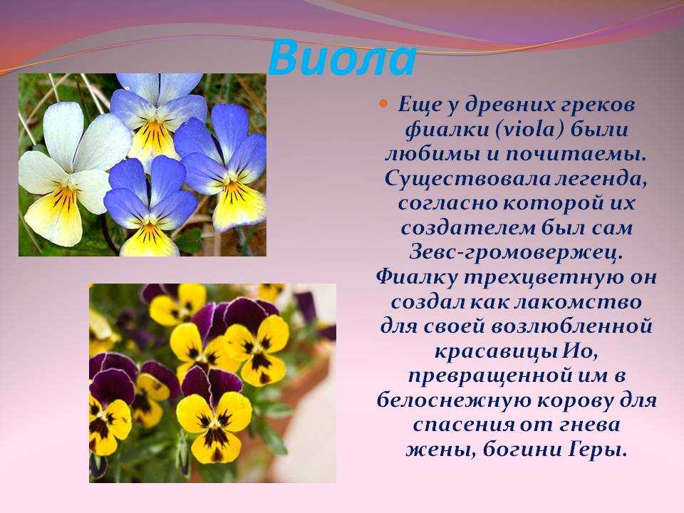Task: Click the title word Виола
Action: click(x=342, y=58)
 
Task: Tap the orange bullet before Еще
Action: click(x=383, y=104)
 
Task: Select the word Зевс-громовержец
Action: click(x=516, y=253)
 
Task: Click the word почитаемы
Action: click(x=576, y=155)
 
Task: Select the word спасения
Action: click(x=464, y=425)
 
